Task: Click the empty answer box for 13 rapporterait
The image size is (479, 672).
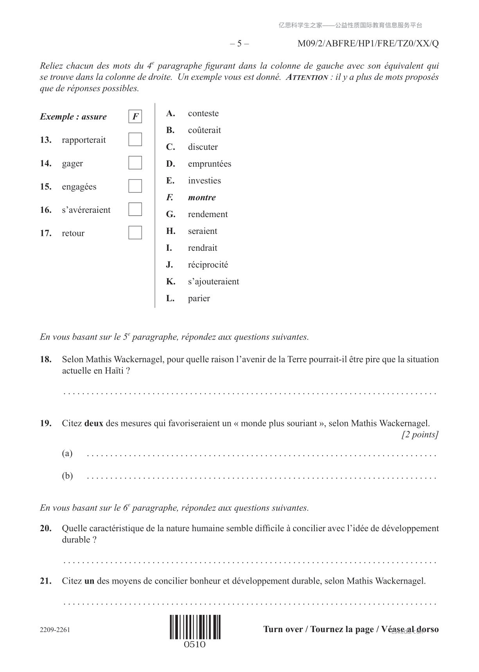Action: pos(135,140)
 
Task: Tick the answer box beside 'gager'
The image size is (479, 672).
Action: pos(135,163)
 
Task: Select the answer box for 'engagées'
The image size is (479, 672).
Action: pos(135,186)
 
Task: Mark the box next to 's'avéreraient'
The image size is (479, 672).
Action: pos(135,209)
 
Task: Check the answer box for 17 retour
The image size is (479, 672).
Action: pos(135,233)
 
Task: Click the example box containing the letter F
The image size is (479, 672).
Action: pos(135,117)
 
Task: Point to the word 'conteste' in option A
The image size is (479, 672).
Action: pos(203,113)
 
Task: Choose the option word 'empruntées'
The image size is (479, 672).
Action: pos(209,164)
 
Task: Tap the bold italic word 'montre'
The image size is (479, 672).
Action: pos(202,198)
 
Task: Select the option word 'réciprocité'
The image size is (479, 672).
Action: pos(208,265)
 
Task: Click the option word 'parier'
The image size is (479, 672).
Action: pos(199,298)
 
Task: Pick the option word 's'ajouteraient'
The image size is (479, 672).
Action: pos(213,282)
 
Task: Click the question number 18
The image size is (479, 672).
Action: pos(46,359)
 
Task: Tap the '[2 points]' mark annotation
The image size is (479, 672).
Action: pos(420,435)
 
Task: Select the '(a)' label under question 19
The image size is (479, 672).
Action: pos(67,453)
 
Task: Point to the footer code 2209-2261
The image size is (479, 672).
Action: pos(55,630)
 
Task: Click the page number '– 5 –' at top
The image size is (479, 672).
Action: pos(239,43)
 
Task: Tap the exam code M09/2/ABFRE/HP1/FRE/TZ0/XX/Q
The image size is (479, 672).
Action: pos(368,43)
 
